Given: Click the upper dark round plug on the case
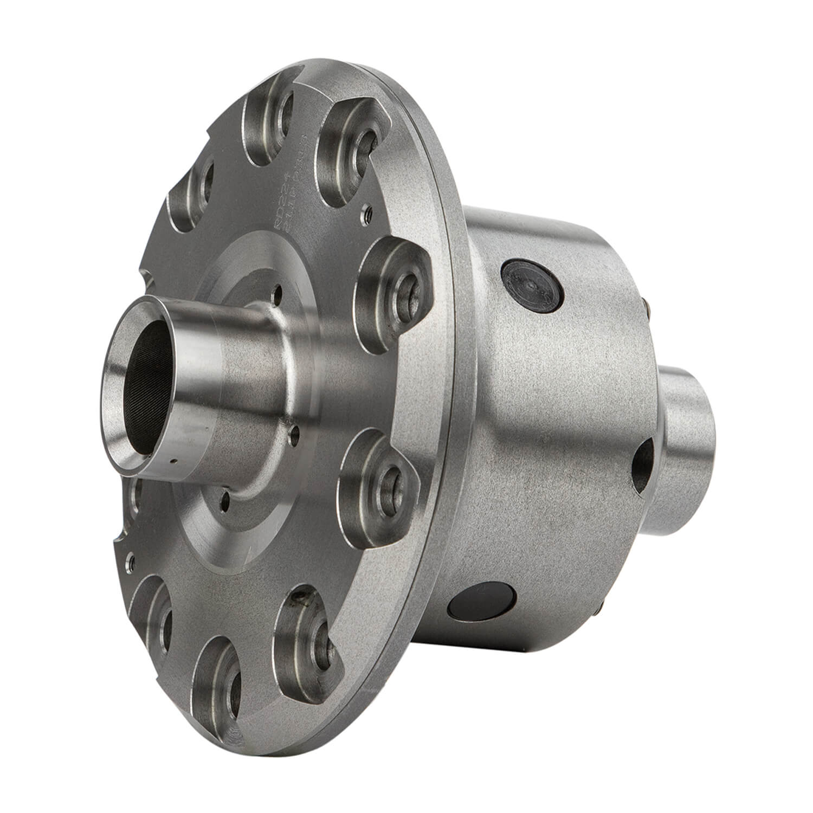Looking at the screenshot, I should click(x=534, y=285).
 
